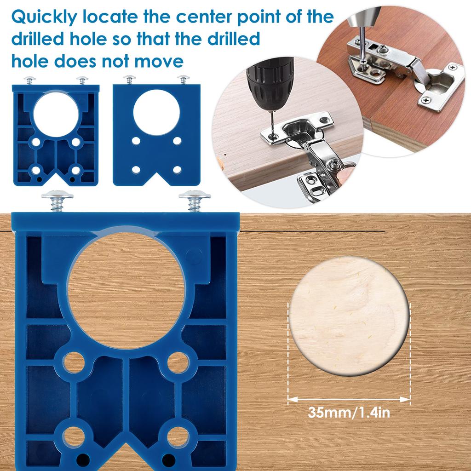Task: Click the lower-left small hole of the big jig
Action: point(73,437)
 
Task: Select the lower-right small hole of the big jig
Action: point(178,437)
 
